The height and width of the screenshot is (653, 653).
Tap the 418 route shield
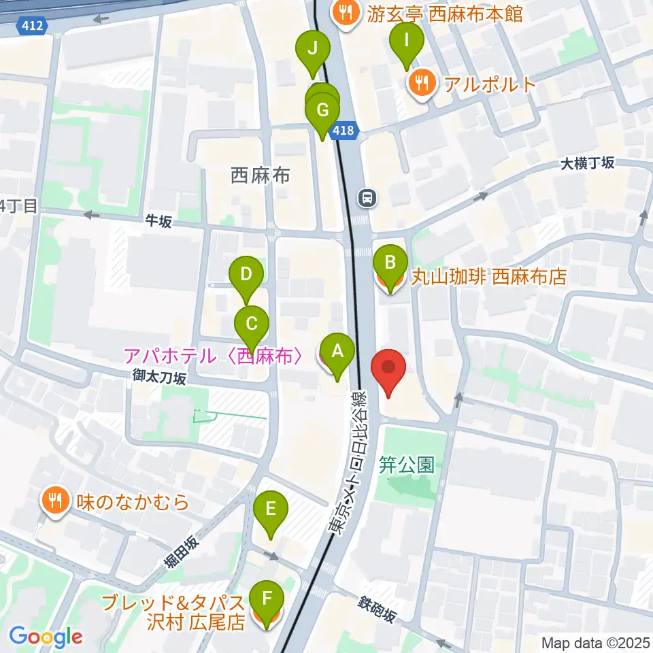coord(344,131)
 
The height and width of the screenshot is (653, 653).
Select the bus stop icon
coord(367,198)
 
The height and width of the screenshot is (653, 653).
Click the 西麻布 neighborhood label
coord(261,175)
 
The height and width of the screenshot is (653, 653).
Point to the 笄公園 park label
coord(407,465)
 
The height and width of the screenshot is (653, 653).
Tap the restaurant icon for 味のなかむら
coord(54,501)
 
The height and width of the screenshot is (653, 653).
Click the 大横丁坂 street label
coord(588,163)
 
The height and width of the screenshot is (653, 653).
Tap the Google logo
coord(46,637)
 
